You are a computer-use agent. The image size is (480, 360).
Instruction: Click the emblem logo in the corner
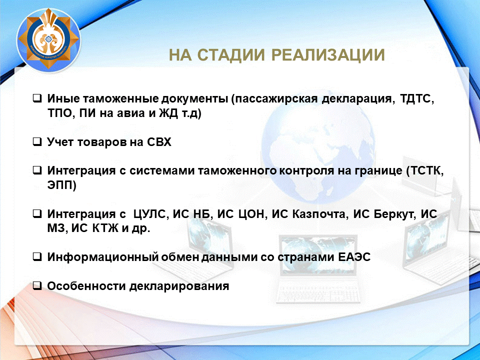point(48,40)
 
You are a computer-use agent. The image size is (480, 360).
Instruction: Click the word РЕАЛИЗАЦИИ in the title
point(328,55)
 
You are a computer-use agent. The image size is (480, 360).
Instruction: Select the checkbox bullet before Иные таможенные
point(37,98)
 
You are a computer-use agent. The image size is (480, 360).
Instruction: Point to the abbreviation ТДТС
point(416,99)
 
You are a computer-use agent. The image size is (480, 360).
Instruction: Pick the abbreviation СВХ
point(159,142)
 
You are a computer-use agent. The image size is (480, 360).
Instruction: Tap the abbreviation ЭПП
point(61,185)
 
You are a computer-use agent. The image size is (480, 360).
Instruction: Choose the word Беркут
point(395,214)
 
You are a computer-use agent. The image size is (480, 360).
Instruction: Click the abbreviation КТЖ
point(105,228)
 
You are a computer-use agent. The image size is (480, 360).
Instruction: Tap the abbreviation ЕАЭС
point(354,257)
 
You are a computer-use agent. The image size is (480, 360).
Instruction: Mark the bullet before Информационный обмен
point(37,256)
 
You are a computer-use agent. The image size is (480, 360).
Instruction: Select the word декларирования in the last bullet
point(179,286)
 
